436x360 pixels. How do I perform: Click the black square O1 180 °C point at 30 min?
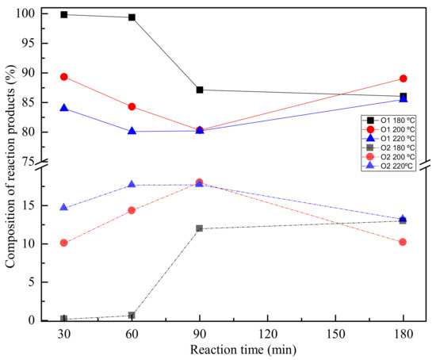point(63,14)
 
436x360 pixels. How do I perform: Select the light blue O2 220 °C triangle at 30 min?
point(63,208)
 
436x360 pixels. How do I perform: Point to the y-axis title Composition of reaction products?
point(9,164)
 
